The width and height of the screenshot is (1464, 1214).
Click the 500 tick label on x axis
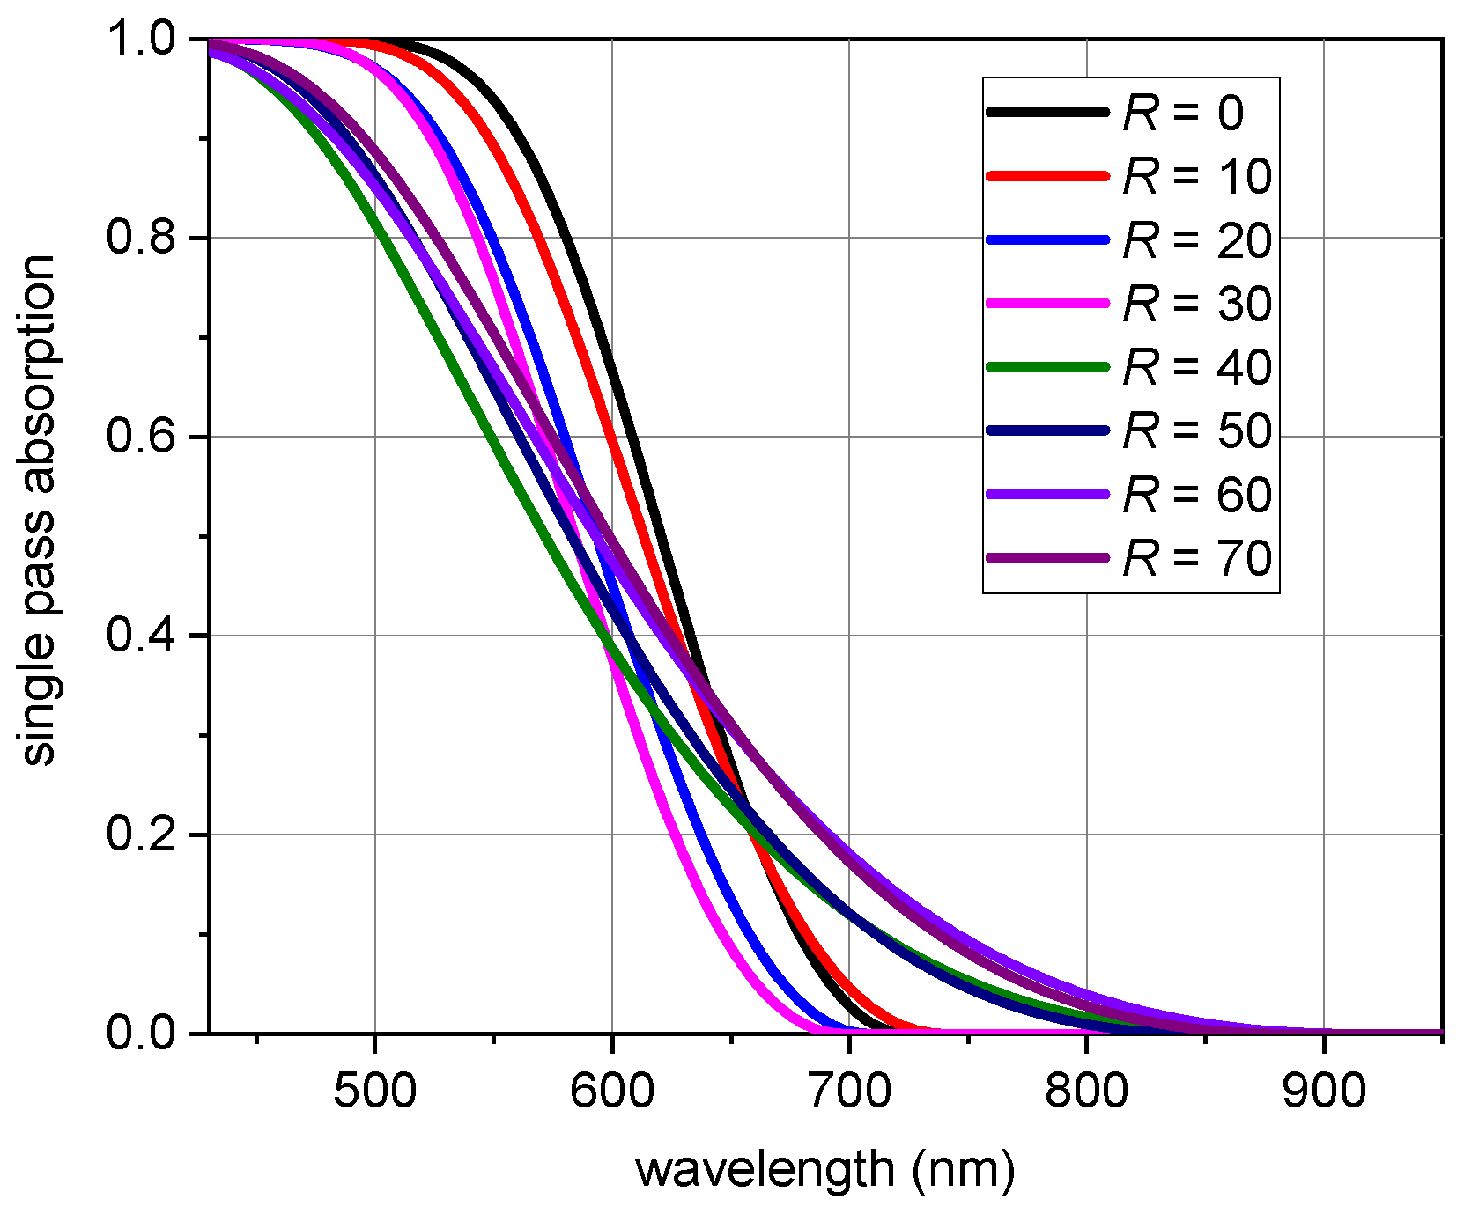coord(375,1091)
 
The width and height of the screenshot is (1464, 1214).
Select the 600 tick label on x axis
coord(612,1091)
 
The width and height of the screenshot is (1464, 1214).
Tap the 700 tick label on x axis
coord(849,1091)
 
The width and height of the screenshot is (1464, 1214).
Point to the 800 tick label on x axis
coord(1086,1091)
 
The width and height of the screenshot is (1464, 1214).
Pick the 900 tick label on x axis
coord(1323,1091)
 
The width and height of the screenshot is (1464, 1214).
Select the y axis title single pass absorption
coord(39,511)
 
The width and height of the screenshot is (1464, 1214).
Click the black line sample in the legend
coord(1047,112)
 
